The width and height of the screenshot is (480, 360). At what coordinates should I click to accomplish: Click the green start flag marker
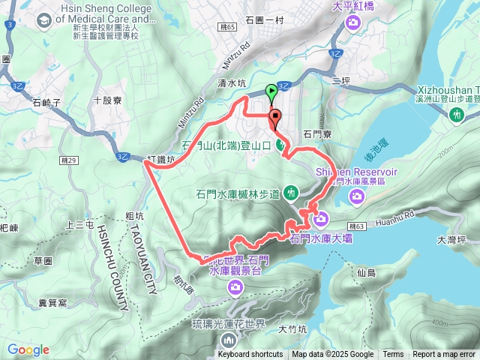tap(271, 92)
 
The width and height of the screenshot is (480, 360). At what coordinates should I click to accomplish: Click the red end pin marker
tap(275, 118)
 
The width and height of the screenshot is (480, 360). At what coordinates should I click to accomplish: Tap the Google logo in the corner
tap(28, 349)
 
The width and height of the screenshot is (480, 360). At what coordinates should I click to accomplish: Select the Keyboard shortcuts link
tap(250, 355)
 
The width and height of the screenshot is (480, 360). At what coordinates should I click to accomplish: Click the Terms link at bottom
tap(393, 355)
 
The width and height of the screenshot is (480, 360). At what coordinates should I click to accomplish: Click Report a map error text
tap(443, 355)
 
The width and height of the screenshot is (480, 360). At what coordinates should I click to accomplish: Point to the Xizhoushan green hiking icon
tap(457, 115)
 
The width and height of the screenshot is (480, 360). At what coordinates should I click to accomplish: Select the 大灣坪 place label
tap(451, 240)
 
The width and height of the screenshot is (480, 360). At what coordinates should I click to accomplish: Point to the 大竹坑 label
tap(292, 328)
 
